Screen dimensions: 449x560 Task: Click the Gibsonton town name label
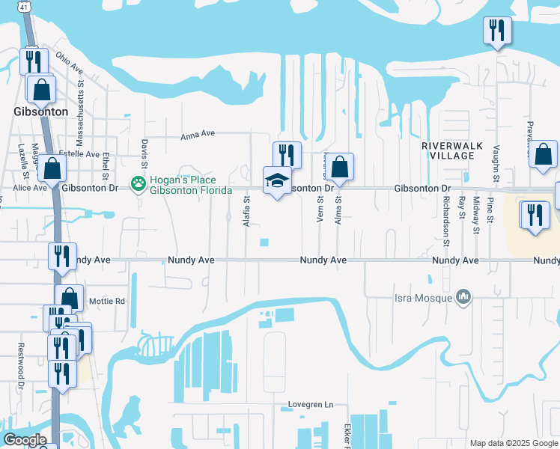pos(40,112)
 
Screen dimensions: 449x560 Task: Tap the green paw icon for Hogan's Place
pos(138,183)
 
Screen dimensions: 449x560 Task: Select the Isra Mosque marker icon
pos(463,298)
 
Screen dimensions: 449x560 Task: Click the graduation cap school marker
pos(277,180)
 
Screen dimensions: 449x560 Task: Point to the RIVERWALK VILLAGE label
pos(448,150)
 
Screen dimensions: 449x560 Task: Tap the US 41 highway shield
pos(25,6)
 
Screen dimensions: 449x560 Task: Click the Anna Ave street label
pos(198,135)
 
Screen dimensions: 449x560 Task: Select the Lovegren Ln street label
pos(311,405)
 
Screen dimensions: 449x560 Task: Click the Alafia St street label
pos(246,211)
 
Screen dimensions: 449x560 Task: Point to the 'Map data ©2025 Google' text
pos(514,443)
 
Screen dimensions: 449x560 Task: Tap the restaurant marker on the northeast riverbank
pos(496,31)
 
